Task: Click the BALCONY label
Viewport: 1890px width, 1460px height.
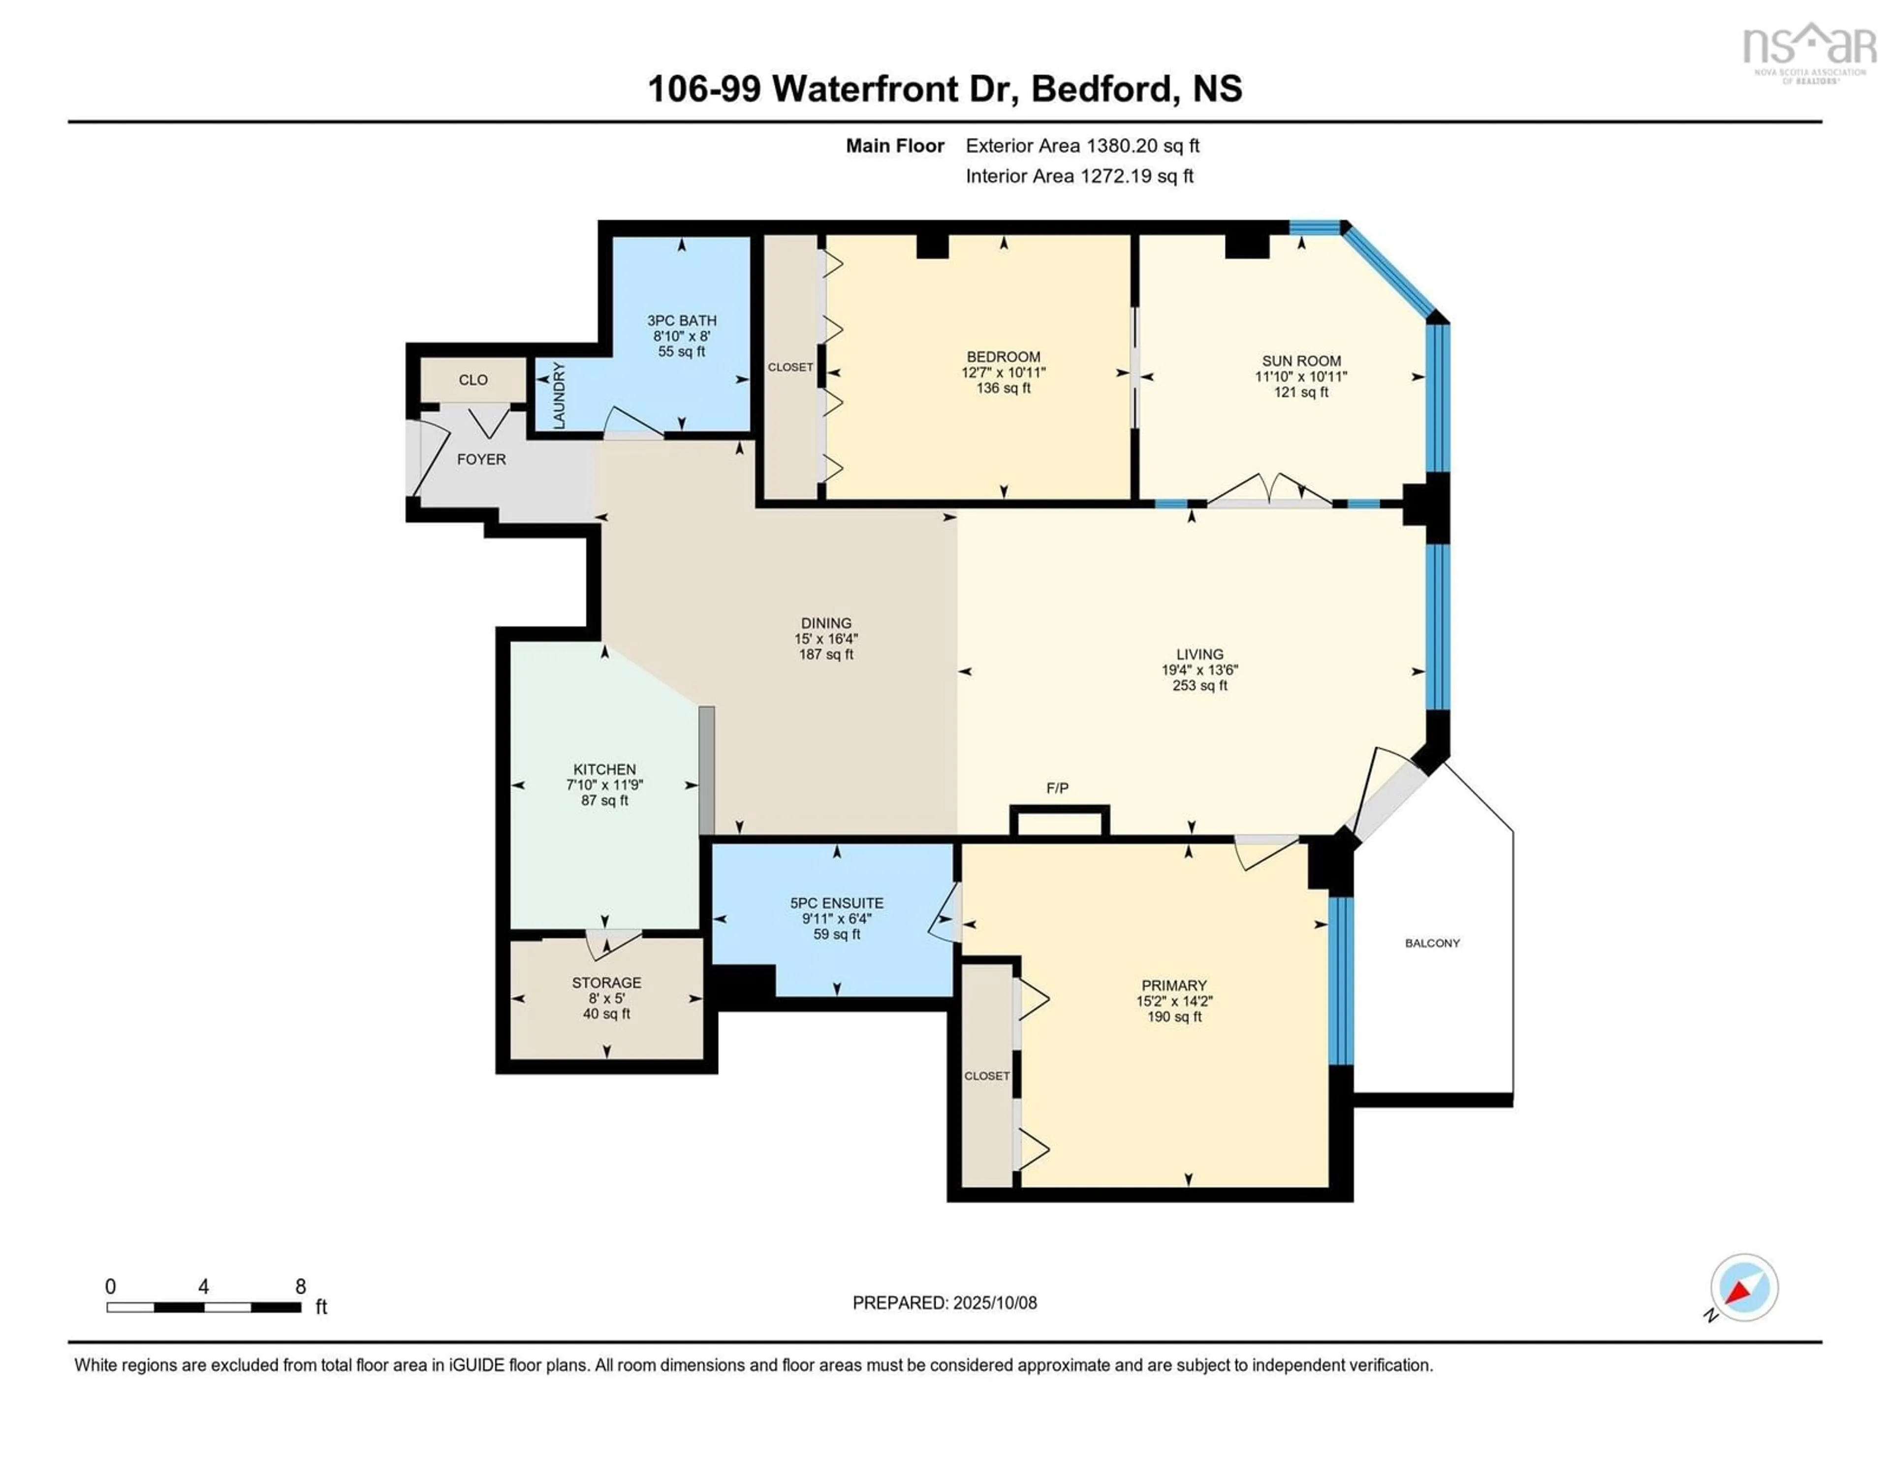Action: [x=1432, y=943]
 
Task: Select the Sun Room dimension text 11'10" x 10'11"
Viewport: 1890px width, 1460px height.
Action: [x=1301, y=377]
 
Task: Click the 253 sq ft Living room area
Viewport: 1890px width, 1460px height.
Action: [x=1199, y=685]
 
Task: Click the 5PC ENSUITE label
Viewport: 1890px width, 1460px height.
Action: [x=837, y=903]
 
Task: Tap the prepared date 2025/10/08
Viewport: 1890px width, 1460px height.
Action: [x=994, y=1302]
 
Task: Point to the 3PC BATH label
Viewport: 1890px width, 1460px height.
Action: [x=681, y=320]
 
